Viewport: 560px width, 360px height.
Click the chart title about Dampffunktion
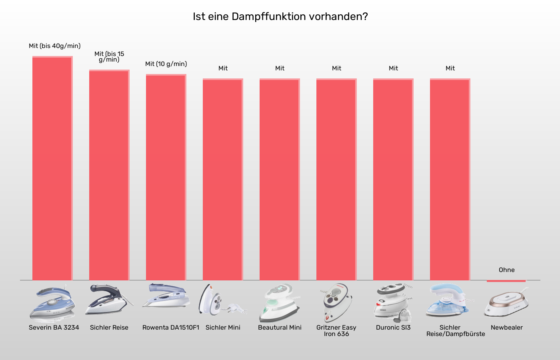click(x=280, y=16)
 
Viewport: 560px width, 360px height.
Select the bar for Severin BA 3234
click(x=52, y=168)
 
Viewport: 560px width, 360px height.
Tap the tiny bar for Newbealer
click(x=506, y=281)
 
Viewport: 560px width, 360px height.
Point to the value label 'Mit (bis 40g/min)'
click(x=55, y=46)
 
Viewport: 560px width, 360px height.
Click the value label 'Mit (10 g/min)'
click(x=166, y=64)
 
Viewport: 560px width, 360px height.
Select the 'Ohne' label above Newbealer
click(x=506, y=270)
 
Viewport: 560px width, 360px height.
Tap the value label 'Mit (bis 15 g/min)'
click(x=109, y=57)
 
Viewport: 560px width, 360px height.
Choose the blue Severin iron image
click(x=52, y=303)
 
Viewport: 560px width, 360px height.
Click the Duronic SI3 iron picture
click(x=393, y=302)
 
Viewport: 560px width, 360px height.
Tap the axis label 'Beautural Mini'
click(x=280, y=328)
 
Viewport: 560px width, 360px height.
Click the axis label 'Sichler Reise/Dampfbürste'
click(x=455, y=331)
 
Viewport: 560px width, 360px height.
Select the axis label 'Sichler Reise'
click(x=109, y=328)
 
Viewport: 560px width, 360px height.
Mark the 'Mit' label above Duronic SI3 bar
click(x=393, y=68)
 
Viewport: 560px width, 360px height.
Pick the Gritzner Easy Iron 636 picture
click(x=336, y=302)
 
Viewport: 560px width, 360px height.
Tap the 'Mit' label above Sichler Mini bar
click(x=223, y=68)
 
